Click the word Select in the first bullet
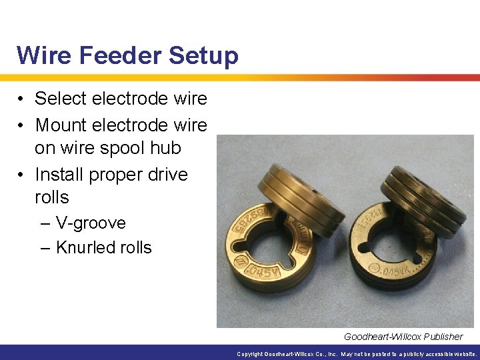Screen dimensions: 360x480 pos(61,99)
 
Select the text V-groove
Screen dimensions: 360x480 pos(91,223)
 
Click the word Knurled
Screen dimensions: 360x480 pos(85,247)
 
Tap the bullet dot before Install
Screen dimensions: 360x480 pos(21,175)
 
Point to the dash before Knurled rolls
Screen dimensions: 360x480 pos(45,247)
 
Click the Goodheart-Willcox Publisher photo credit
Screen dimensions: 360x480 pos(403,336)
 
